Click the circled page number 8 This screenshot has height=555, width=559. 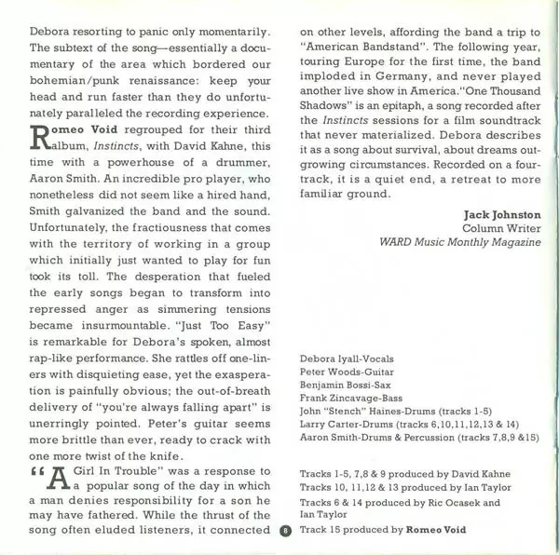[287, 534]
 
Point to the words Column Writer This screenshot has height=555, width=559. [501, 229]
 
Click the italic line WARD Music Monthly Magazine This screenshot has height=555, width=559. [460, 243]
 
